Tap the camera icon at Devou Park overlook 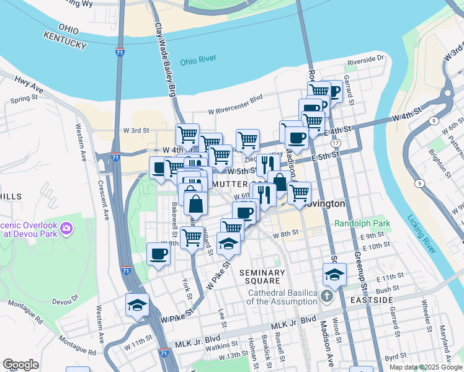[66, 231]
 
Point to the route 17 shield [336, 143]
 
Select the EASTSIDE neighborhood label [371, 300]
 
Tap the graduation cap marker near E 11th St [334, 274]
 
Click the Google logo [20, 365]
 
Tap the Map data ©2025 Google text [426, 367]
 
